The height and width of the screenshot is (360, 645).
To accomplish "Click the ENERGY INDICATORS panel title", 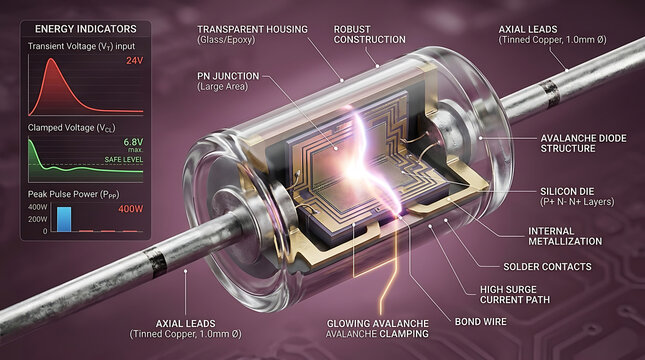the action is coord(86,29).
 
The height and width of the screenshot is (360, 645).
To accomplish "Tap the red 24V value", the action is coord(135,61).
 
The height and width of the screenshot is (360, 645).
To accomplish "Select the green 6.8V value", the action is coord(133,142).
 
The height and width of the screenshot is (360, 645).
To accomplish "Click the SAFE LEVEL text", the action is coord(123,159).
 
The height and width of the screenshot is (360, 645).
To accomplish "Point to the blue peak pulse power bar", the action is coord(64,219).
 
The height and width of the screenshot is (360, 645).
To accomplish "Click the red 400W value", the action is coord(131,209).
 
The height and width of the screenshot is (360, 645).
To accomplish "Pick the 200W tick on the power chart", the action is coord(37,219).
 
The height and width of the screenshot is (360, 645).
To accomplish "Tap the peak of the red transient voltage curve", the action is coord(51,59).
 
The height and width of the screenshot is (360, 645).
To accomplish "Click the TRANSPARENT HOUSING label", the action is coord(252,30).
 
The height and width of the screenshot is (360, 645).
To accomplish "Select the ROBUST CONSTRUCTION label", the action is coord(369,35).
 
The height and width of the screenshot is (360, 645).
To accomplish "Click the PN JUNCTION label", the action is coord(228,76).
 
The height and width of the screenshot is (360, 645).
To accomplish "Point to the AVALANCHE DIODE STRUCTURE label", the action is coord(583,143).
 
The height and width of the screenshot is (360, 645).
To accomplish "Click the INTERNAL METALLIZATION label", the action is coord(565,236).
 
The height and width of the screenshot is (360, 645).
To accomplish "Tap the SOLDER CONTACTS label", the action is coord(548,267).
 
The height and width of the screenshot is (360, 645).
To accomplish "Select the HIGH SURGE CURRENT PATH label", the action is coord(515,295).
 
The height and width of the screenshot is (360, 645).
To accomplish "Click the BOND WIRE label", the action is coord(480,322).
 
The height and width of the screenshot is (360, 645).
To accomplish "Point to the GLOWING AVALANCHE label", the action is coord(378,323).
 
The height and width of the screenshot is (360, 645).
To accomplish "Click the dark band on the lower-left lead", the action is coord(156,263).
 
